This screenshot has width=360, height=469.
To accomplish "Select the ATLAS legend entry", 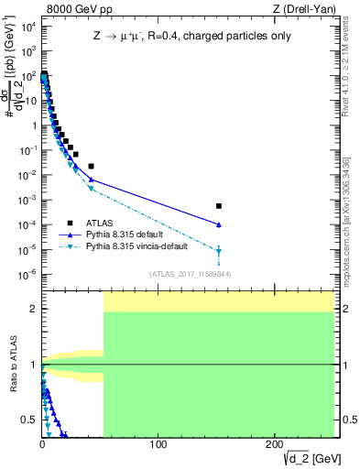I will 102,222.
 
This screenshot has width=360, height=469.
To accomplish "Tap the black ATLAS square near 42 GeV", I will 91,166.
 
